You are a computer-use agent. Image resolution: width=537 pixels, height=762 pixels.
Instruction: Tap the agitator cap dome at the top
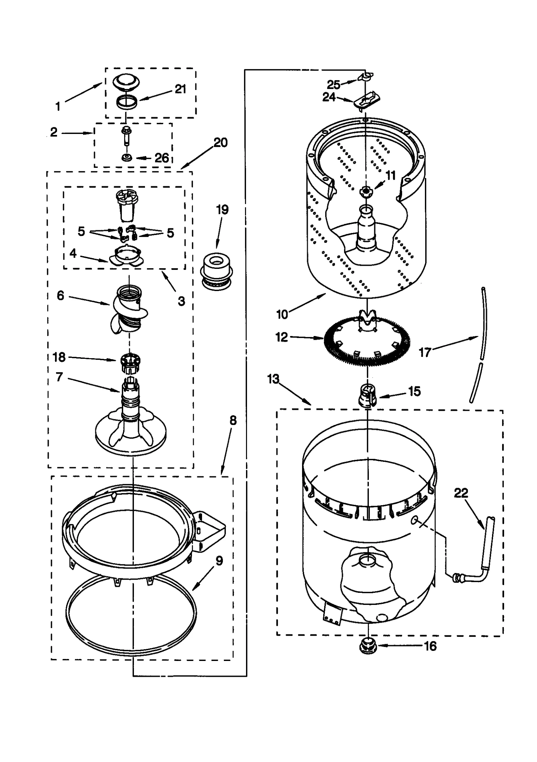click(123, 82)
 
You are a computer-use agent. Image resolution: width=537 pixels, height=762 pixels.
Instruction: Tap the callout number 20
click(221, 143)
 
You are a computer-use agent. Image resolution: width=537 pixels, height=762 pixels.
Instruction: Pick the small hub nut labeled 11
click(366, 192)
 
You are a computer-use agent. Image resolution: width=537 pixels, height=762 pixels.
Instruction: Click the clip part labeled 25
click(365, 77)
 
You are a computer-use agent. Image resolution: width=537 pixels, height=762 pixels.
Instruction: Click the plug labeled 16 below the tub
click(368, 646)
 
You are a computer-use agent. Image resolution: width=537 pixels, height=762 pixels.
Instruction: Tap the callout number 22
click(461, 493)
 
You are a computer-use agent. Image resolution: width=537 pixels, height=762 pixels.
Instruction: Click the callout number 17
click(425, 352)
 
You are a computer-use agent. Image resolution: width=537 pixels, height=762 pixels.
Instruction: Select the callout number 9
click(219, 560)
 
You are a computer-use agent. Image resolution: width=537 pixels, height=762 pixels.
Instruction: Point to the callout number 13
click(273, 379)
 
